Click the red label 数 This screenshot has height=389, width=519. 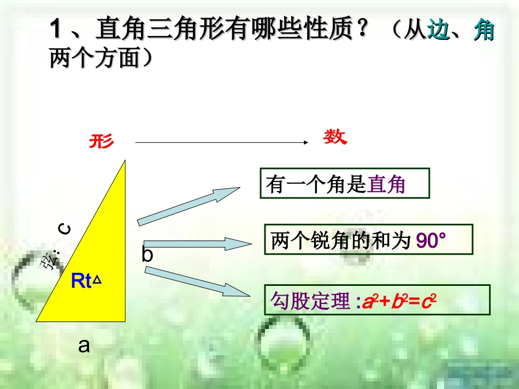(x=335, y=137)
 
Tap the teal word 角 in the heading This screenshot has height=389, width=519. (x=483, y=31)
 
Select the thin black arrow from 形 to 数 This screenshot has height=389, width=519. (x=219, y=143)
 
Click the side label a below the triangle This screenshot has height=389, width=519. (x=84, y=345)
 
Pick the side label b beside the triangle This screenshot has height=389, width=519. (x=148, y=255)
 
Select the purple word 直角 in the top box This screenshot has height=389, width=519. (x=387, y=185)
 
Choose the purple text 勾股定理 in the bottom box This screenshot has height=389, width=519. (x=309, y=301)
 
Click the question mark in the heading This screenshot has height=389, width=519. (x=360, y=31)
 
